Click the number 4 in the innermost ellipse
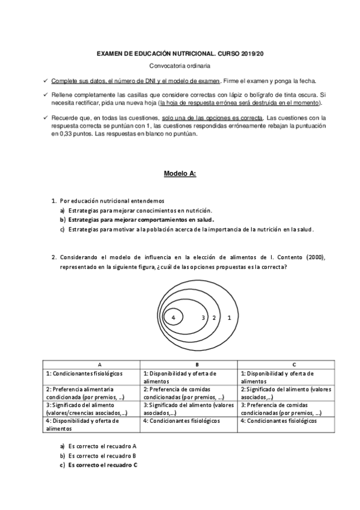[x=173, y=317]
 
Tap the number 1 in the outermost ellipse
[x=229, y=317]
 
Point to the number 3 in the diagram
[x=203, y=317]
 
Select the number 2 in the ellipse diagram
[x=213, y=317]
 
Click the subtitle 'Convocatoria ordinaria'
[x=180, y=66]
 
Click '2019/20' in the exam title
[x=253, y=54]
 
